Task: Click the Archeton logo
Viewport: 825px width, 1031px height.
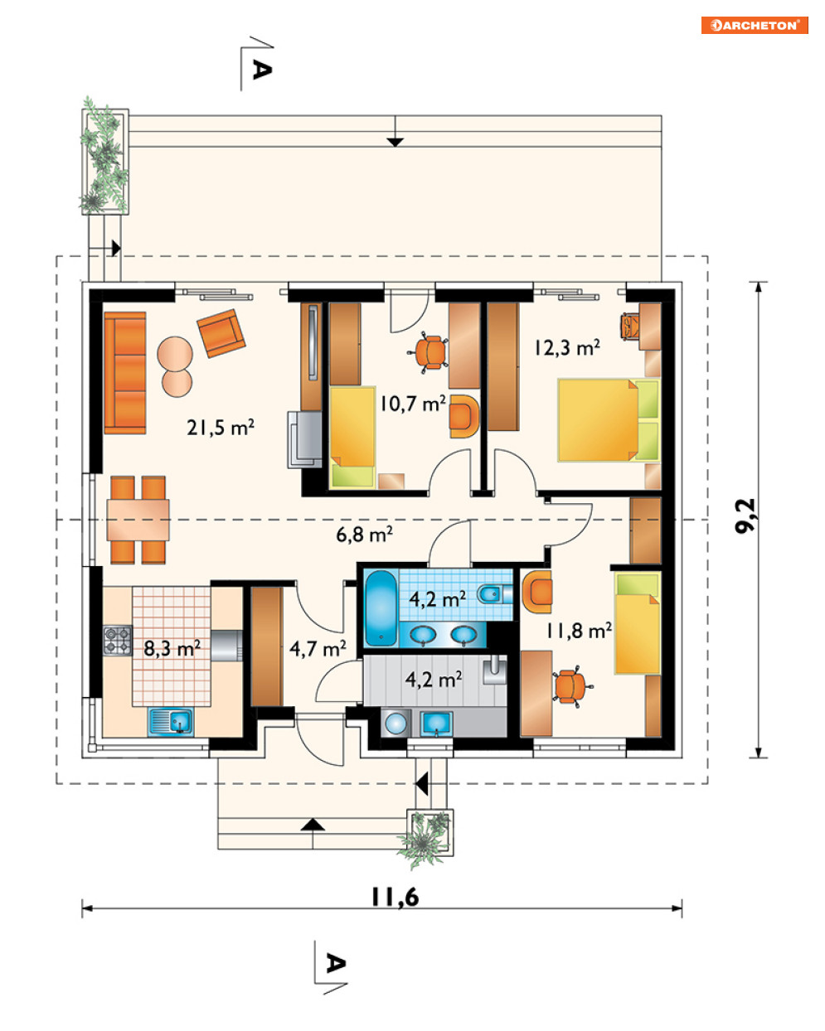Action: coord(754,25)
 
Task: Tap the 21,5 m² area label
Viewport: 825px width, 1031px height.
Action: coord(220,427)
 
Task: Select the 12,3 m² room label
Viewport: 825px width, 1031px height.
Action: coord(566,347)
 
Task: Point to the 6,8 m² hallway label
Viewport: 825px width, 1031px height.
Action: coord(364,534)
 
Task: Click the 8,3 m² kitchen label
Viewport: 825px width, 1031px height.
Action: coord(172,648)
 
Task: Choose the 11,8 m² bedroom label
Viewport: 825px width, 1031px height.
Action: coord(579,631)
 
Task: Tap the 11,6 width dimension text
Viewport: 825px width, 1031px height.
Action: coord(395,897)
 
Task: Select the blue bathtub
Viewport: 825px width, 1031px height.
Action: coord(381,607)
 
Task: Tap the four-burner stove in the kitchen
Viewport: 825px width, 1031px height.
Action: coord(117,640)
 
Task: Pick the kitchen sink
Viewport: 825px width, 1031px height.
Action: coord(171,722)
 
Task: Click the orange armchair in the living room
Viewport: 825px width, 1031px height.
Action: coord(221,333)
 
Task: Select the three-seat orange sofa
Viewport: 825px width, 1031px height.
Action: coord(125,373)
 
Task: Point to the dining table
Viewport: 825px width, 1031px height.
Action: coord(138,520)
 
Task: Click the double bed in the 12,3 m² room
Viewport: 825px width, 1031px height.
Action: coord(609,420)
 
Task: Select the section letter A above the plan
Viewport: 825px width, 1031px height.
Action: coord(262,70)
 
